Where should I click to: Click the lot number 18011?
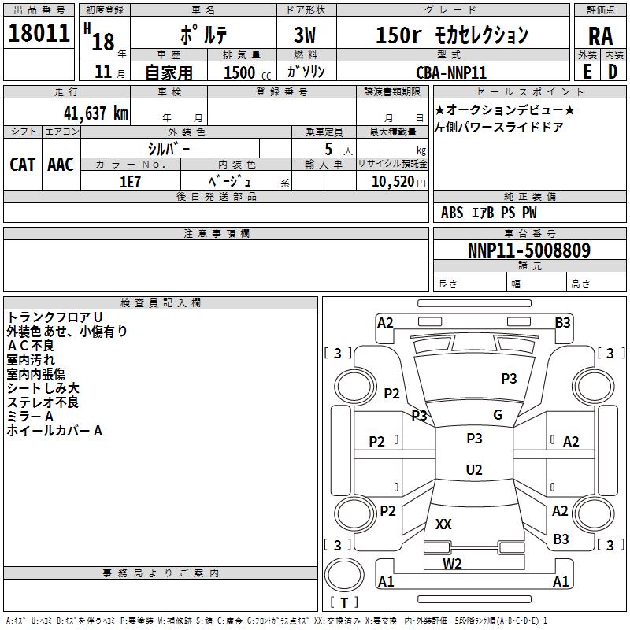pos(39,33)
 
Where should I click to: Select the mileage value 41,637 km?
pos(96,113)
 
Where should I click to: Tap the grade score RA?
pos(600,36)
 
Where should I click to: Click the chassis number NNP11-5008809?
pos(529,250)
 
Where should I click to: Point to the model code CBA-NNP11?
pos(451,72)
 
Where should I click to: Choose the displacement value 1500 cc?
pos(247,72)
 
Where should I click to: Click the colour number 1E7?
pos(130,182)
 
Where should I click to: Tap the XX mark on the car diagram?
pos(443,524)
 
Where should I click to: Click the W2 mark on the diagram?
pos(452,564)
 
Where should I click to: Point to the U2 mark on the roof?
pos(474,469)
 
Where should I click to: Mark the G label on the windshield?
pos(498,415)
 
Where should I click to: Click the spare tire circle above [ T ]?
pos(344,575)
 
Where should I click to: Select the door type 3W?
pos(305,35)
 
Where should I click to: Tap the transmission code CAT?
pos(23,165)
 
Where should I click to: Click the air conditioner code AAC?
pos(61,165)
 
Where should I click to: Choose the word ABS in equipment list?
pos(452,213)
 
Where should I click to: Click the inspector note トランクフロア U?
pos(55,317)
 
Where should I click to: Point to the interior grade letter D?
pos(613,72)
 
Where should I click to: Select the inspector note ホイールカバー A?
pos(54,431)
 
